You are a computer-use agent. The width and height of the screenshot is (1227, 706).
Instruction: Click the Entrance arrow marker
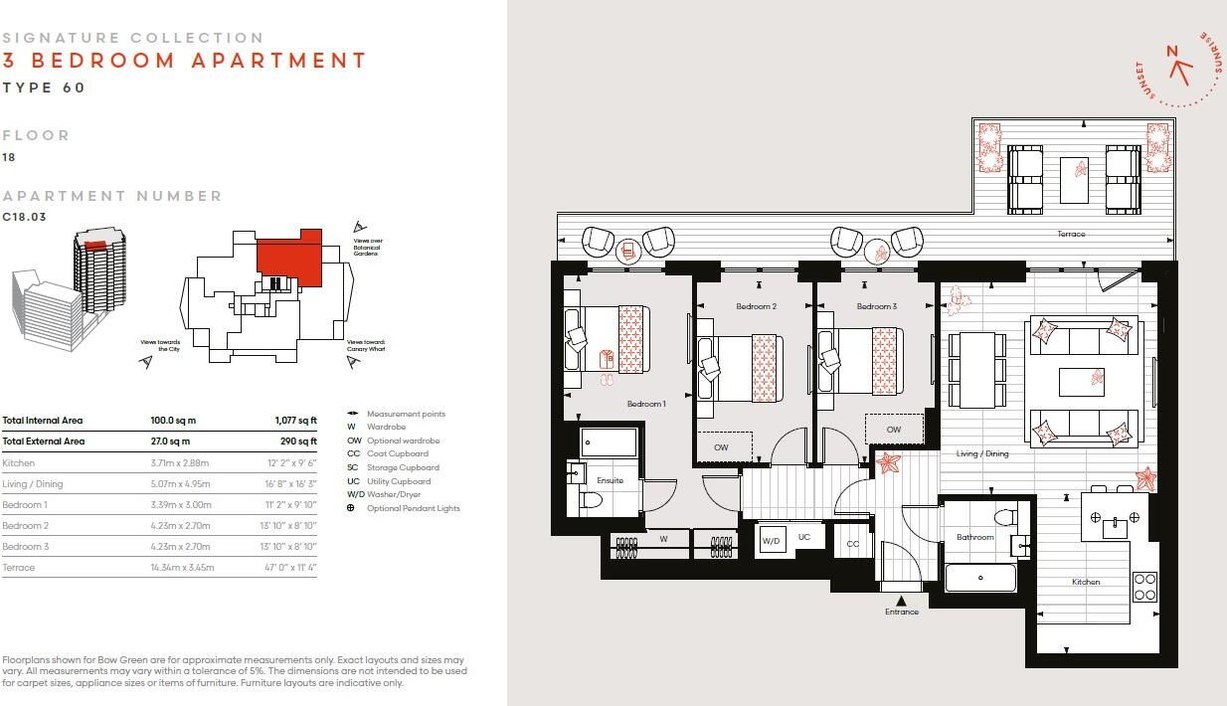[x=901, y=600]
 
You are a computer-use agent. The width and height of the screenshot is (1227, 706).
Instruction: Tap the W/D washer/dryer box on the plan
[x=771, y=542]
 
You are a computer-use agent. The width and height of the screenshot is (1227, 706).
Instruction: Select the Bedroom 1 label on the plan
[x=645, y=404]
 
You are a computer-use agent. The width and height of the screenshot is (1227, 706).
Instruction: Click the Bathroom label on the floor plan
[x=974, y=537]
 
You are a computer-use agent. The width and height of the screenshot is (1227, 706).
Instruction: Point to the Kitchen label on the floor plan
[x=1085, y=582]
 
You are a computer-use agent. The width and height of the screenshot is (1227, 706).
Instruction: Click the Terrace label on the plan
[x=1071, y=234]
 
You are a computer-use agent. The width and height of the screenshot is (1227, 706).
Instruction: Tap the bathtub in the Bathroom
[x=980, y=577]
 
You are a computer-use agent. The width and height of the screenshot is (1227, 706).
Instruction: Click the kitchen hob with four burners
[x=1144, y=586]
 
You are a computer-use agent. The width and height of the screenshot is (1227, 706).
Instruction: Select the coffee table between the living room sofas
[x=1081, y=381]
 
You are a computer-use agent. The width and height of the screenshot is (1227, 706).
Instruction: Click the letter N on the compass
[x=1171, y=52]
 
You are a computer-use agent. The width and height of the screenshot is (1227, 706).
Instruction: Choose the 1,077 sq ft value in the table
[x=295, y=421]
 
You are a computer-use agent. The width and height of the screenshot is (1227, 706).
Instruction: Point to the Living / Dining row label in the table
[x=32, y=484]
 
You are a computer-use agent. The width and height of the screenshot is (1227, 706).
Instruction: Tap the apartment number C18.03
[x=24, y=217]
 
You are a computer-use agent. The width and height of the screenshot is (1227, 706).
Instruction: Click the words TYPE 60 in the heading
[x=44, y=88]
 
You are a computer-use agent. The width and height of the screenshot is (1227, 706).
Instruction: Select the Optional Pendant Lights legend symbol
[x=351, y=508]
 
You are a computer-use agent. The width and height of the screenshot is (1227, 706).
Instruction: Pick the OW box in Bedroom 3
[x=894, y=430]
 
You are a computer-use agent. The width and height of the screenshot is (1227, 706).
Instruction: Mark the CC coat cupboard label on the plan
[x=852, y=544]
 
